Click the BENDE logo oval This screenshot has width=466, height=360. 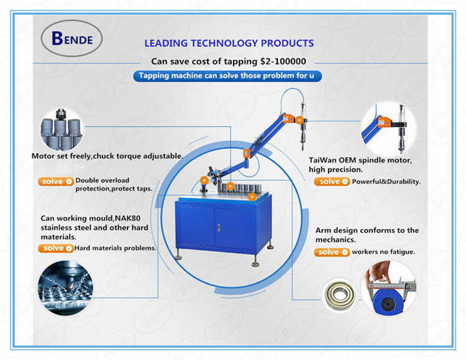[x=71, y=38]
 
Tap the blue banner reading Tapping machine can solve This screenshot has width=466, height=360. [x=227, y=76]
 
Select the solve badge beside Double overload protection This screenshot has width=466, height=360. [x=56, y=181]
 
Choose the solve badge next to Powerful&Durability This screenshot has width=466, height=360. [x=332, y=181]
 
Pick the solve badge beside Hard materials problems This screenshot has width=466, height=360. [x=56, y=248]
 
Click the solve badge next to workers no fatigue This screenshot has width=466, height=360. [x=332, y=252]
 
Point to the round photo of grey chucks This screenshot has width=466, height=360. [x=61, y=129]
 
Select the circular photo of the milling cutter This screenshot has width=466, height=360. [x=65, y=288]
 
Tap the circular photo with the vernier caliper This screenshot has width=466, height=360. [x=390, y=287]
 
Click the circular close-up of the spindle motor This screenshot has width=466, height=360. [x=388, y=129]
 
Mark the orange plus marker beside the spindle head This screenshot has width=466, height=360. [x=299, y=120]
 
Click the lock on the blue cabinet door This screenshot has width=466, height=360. [x=219, y=228]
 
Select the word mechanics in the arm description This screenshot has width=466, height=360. [x=335, y=240]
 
